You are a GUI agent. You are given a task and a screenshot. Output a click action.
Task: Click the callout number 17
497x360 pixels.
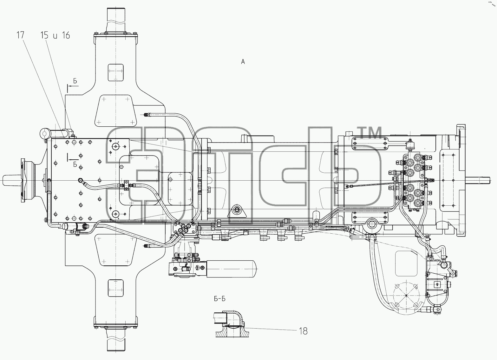click(x=20, y=35)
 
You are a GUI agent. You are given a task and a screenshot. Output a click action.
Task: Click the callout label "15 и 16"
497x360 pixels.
click(x=55, y=35)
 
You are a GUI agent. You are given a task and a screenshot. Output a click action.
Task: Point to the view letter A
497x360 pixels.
click(x=243, y=62)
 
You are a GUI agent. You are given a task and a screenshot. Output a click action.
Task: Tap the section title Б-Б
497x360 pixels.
click(x=220, y=299)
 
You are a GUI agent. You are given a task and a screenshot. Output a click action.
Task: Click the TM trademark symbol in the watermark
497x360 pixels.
click(x=370, y=133)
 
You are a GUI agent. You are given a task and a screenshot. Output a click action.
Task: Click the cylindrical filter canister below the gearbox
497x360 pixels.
click(x=232, y=269)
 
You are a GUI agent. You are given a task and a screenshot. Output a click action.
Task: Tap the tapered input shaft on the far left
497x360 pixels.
click(x=11, y=180)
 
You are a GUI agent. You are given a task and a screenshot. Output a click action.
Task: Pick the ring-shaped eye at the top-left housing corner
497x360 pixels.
click(x=45, y=133)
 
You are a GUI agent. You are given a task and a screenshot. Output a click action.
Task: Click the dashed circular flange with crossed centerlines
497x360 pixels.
click(x=406, y=296)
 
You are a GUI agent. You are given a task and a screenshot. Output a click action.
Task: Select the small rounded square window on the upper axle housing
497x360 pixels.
click(x=115, y=73)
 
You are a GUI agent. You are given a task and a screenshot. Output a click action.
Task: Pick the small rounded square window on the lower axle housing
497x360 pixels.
click(x=115, y=288)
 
